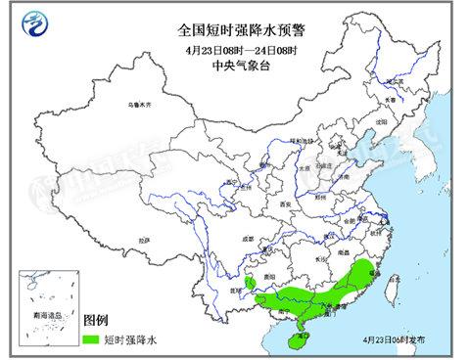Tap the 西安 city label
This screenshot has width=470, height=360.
tap(285, 203)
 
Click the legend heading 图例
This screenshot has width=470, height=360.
tap(96, 321)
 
